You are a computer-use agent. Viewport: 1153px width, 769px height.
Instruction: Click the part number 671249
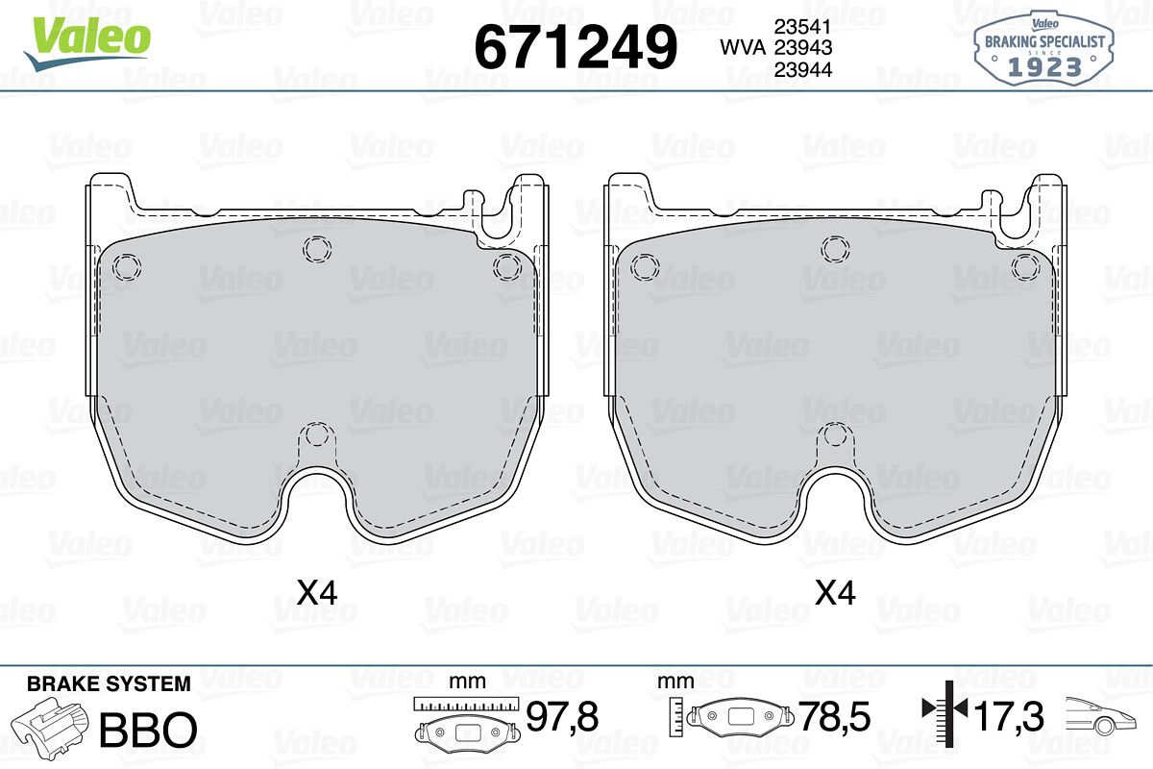[x=576, y=47]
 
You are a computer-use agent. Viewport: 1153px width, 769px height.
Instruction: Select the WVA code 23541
[x=803, y=27]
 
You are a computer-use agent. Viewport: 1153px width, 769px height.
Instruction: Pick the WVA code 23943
[x=803, y=48]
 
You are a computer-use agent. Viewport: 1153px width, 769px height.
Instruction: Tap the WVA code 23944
[x=803, y=69]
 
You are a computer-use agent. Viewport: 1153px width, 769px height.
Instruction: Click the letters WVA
[x=743, y=48]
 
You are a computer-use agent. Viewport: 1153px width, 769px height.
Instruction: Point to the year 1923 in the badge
[x=1044, y=67]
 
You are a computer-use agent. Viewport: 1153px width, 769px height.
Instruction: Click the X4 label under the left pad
[x=317, y=593]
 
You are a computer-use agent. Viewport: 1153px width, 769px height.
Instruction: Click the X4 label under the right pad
[x=835, y=593]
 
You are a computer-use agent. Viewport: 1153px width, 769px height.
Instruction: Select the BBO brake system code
[x=148, y=730]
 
